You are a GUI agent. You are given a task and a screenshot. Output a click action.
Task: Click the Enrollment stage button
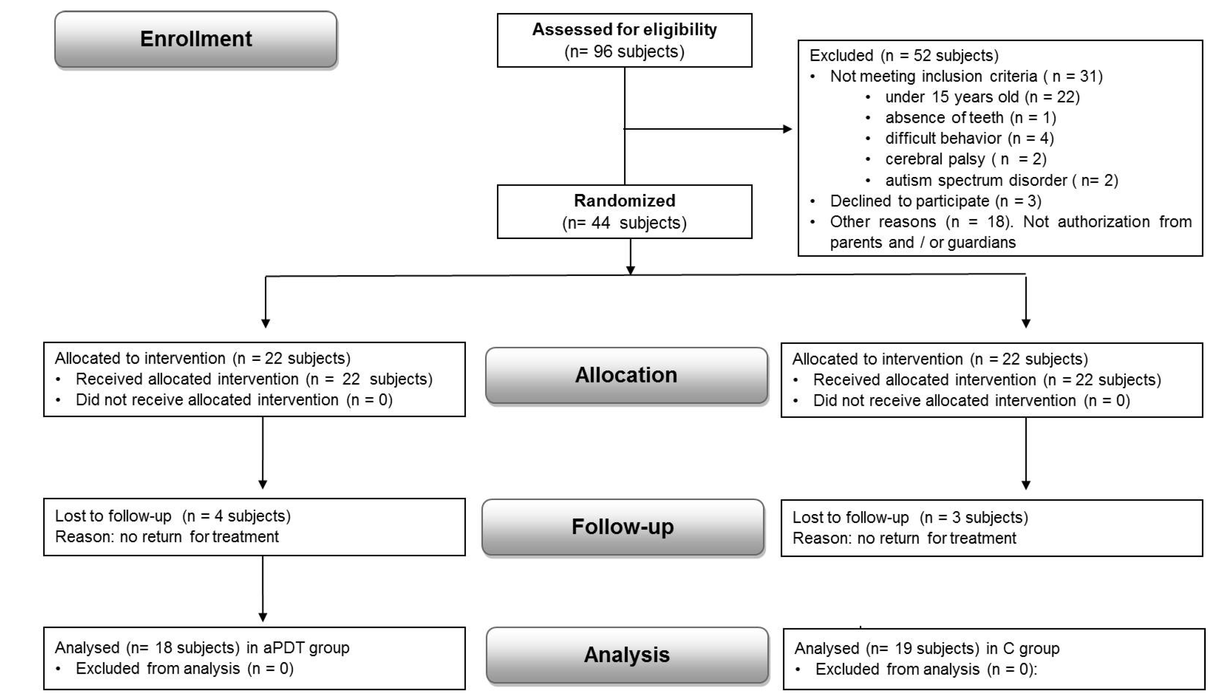196,39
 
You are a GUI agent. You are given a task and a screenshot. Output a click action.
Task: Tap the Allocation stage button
626,375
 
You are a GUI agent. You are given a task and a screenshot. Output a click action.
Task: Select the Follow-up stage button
622,527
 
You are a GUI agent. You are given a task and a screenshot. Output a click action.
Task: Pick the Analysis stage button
627,655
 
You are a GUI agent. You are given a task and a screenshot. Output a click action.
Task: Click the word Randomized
624,201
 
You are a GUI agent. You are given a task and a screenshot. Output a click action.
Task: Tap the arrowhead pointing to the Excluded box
787,129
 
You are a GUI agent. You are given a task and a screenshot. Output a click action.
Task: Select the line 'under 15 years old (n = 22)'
982,97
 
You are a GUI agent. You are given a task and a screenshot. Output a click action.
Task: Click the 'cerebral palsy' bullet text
935,159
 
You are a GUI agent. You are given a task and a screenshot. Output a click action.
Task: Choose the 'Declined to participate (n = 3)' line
935,201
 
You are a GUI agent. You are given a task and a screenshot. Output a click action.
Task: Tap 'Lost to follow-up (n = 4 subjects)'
173,516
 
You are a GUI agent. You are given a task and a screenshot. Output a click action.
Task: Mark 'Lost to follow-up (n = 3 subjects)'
910,518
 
